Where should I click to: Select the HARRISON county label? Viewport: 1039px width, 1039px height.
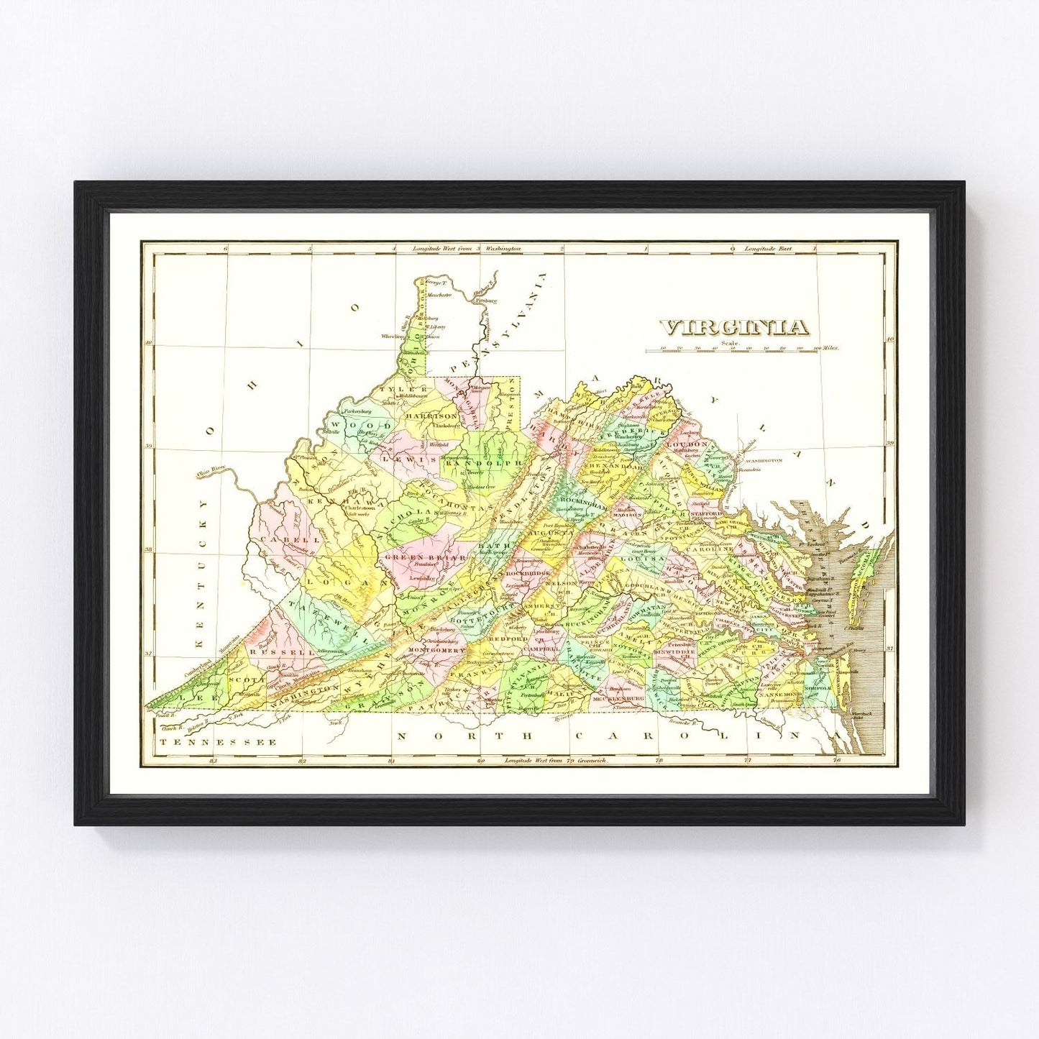pyautogui.click(x=431, y=416)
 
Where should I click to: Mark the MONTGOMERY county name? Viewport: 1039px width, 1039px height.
pyautogui.click(x=437, y=650)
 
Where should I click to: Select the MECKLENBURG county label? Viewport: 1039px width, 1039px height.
pyautogui.click(x=616, y=698)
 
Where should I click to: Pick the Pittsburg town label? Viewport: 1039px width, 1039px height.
pyautogui.click(x=486, y=298)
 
